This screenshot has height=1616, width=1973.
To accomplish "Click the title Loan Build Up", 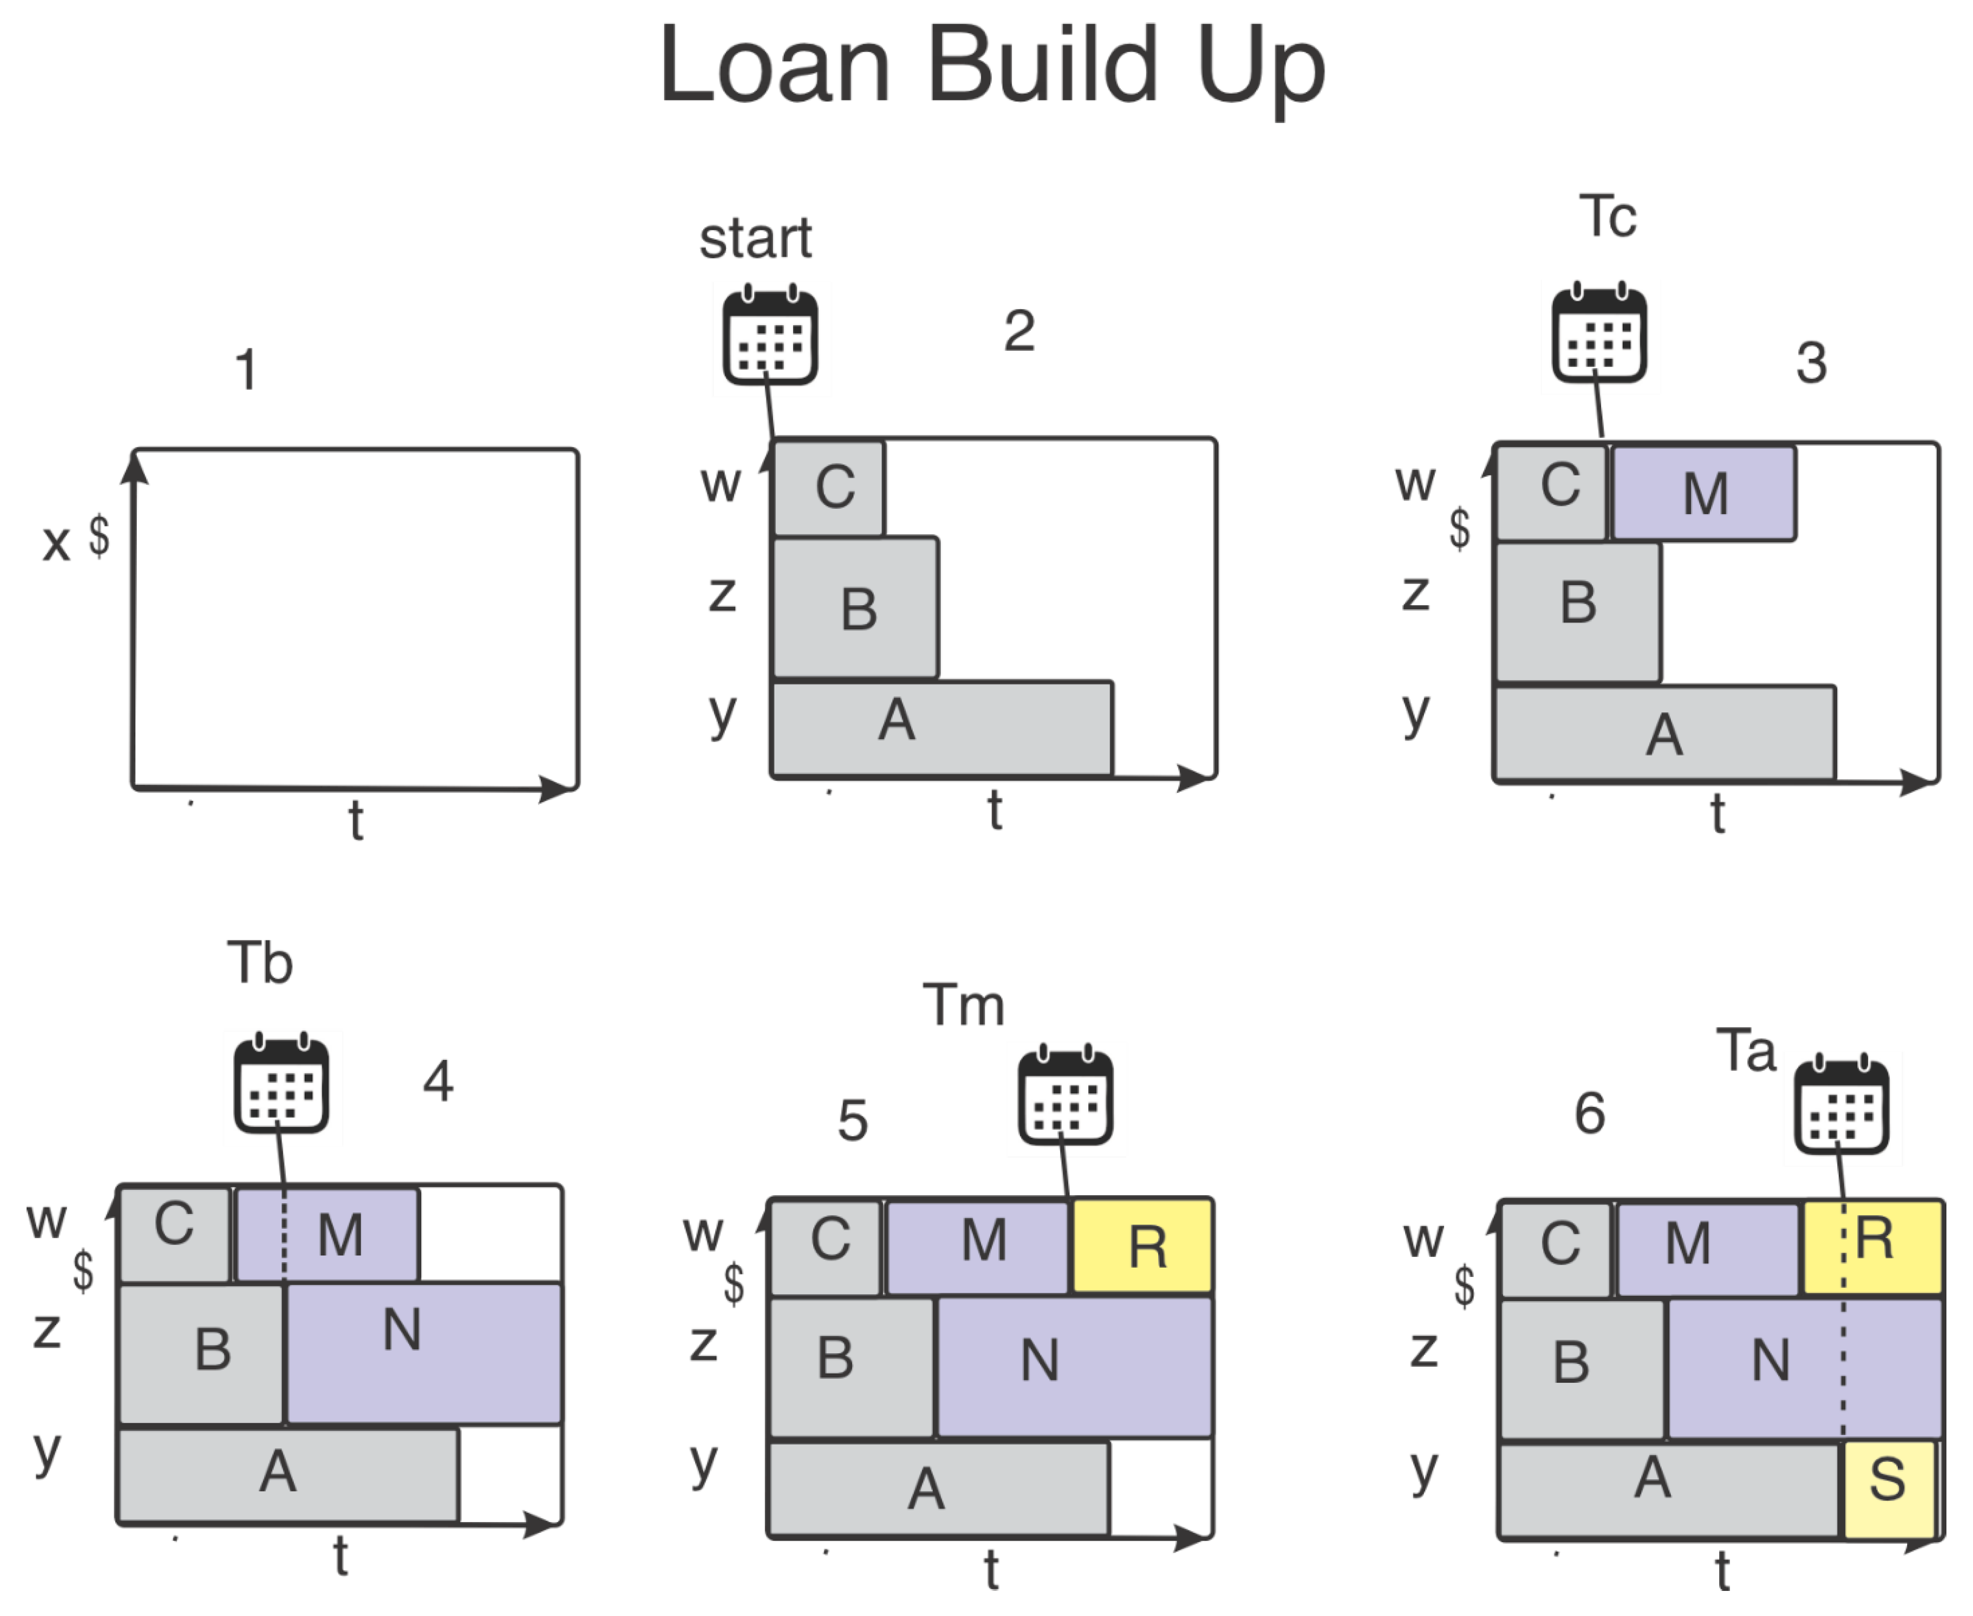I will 992,67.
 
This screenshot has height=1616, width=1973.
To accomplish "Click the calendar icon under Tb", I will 281,1085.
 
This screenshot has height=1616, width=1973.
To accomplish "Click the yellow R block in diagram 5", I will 1143,1245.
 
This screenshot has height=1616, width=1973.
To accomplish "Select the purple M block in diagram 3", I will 1704,494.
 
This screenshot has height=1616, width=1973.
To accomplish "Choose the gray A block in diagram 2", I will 942,728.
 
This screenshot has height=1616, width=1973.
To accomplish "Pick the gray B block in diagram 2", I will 855,607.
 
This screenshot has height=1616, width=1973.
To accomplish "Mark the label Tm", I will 963,1006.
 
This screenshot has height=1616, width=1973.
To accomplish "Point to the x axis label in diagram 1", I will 56,542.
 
